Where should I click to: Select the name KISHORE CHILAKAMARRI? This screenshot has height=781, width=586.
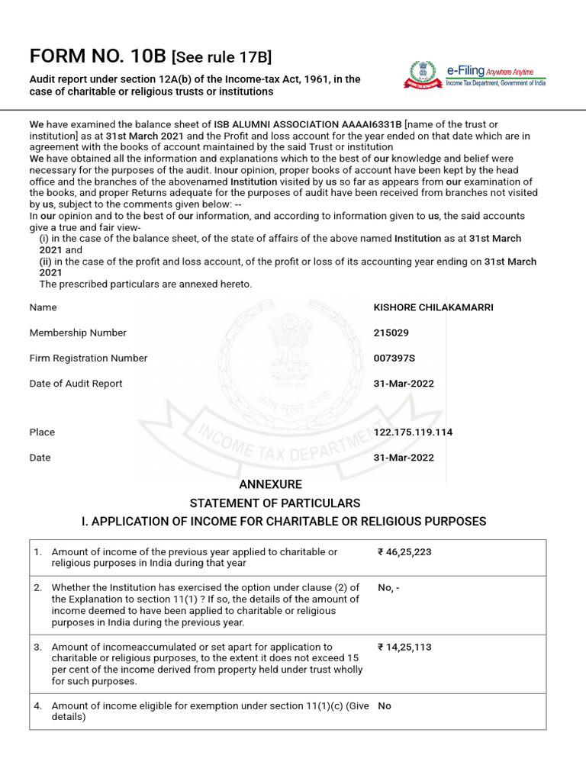(433, 307)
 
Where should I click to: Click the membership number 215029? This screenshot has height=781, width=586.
(396, 333)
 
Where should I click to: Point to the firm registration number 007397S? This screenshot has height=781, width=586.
(394, 358)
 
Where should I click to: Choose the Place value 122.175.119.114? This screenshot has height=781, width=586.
(413, 432)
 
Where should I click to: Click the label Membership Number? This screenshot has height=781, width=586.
(78, 333)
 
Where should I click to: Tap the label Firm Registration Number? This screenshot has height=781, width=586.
(89, 358)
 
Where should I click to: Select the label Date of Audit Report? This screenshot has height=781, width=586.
(76, 384)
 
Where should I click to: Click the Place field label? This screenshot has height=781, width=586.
(42, 432)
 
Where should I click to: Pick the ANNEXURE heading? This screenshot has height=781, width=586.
(271, 484)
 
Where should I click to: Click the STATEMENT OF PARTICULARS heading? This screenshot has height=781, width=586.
(275, 503)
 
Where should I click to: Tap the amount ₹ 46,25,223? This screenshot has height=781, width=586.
(404, 552)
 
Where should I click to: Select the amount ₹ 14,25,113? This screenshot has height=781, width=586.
(404, 647)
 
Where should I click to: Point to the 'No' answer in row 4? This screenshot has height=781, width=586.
(385, 706)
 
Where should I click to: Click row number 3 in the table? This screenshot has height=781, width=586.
(37, 647)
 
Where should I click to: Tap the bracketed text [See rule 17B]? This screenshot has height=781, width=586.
(221, 56)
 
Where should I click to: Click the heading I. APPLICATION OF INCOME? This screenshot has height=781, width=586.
(283, 522)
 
